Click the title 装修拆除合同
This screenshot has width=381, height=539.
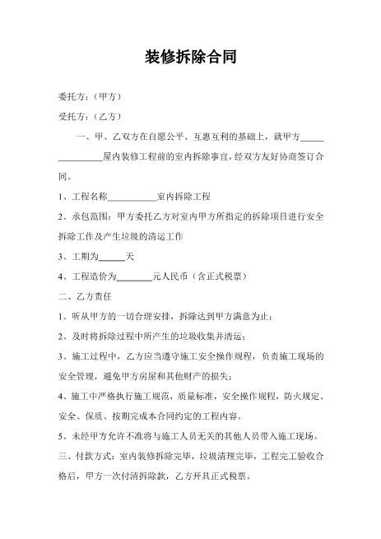(x=191, y=57)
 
